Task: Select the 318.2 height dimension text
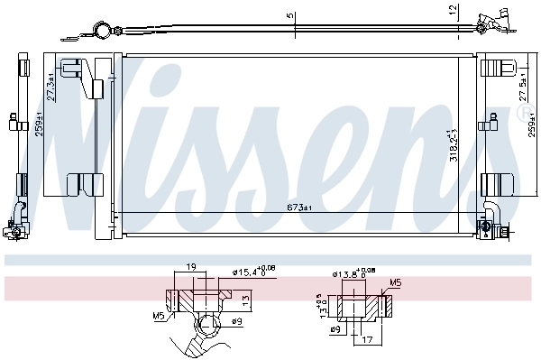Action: click(x=454, y=146)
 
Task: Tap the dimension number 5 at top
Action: click(x=289, y=14)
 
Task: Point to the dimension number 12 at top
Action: click(x=452, y=10)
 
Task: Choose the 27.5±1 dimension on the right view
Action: click(x=522, y=87)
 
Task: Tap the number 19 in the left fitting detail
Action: click(x=190, y=268)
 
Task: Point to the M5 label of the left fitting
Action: click(x=160, y=315)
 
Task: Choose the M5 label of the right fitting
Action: click(x=393, y=282)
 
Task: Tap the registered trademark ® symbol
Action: click(x=525, y=113)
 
